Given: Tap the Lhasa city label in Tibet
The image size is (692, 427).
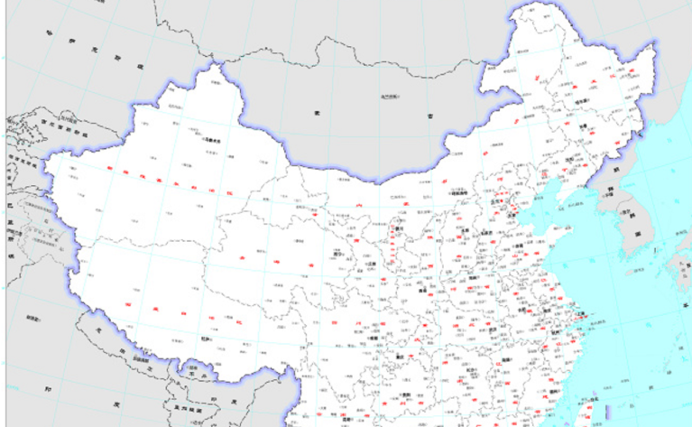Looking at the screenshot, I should (x=206, y=339).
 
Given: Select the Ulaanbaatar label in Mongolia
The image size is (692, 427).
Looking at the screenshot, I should (x=390, y=97).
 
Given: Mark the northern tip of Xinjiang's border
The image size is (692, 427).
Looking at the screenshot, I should (x=216, y=61).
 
